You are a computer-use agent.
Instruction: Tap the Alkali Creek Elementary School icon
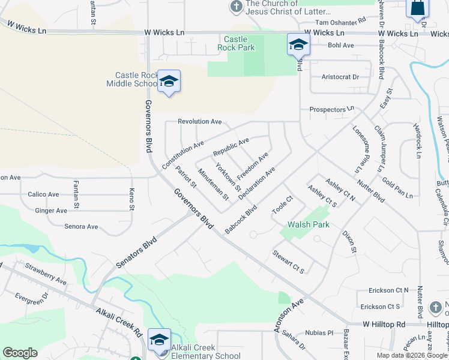(x=159, y=340)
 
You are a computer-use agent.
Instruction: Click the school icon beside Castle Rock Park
(x=298, y=44)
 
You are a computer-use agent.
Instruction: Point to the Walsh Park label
(x=309, y=224)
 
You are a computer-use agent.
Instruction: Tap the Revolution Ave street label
(x=200, y=122)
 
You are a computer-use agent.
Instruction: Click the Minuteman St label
(x=214, y=184)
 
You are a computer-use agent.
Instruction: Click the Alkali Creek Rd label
(x=118, y=322)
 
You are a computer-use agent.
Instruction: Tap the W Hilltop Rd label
(x=384, y=324)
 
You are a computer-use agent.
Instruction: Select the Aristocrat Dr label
(x=340, y=77)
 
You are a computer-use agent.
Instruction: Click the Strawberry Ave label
(x=46, y=272)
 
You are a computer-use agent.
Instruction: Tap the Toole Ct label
(x=282, y=206)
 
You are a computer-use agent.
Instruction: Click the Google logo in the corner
(x=20, y=353)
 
